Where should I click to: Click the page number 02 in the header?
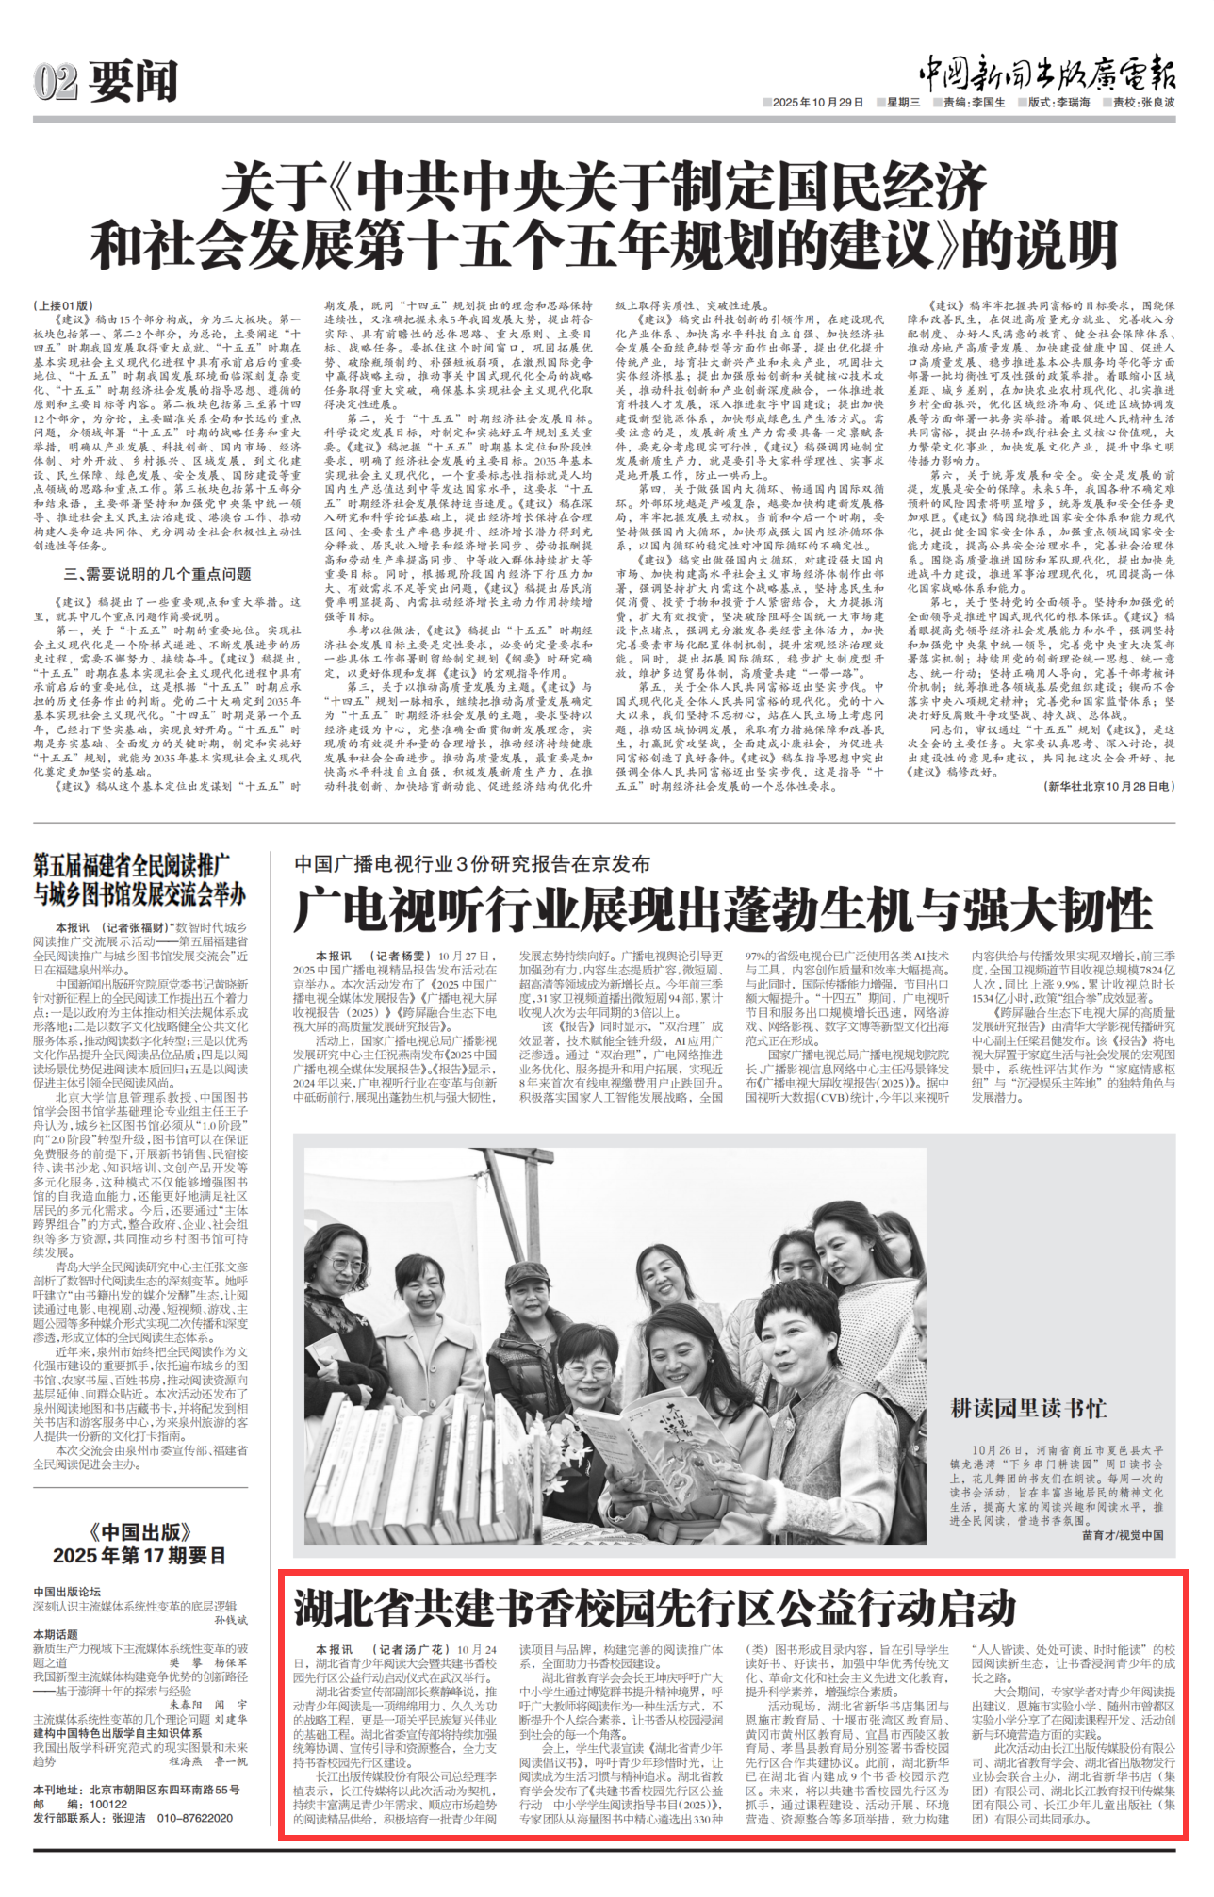(x=55, y=82)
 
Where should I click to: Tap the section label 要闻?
(x=133, y=82)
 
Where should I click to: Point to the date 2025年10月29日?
(x=817, y=103)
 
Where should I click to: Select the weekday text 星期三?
(x=902, y=103)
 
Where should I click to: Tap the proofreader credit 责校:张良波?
(x=1143, y=103)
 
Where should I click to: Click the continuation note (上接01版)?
(x=64, y=306)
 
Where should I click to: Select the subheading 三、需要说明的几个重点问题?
(x=157, y=574)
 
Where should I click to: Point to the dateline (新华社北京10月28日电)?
(x=1109, y=786)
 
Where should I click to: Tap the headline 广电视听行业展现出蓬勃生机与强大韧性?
(x=722, y=910)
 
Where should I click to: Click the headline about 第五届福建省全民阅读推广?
(x=139, y=878)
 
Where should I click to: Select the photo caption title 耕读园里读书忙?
(x=1028, y=1409)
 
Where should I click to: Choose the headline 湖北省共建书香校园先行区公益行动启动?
(x=654, y=1609)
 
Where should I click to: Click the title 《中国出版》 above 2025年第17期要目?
(x=139, y=1532)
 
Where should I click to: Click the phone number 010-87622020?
(x=194, y=1818)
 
